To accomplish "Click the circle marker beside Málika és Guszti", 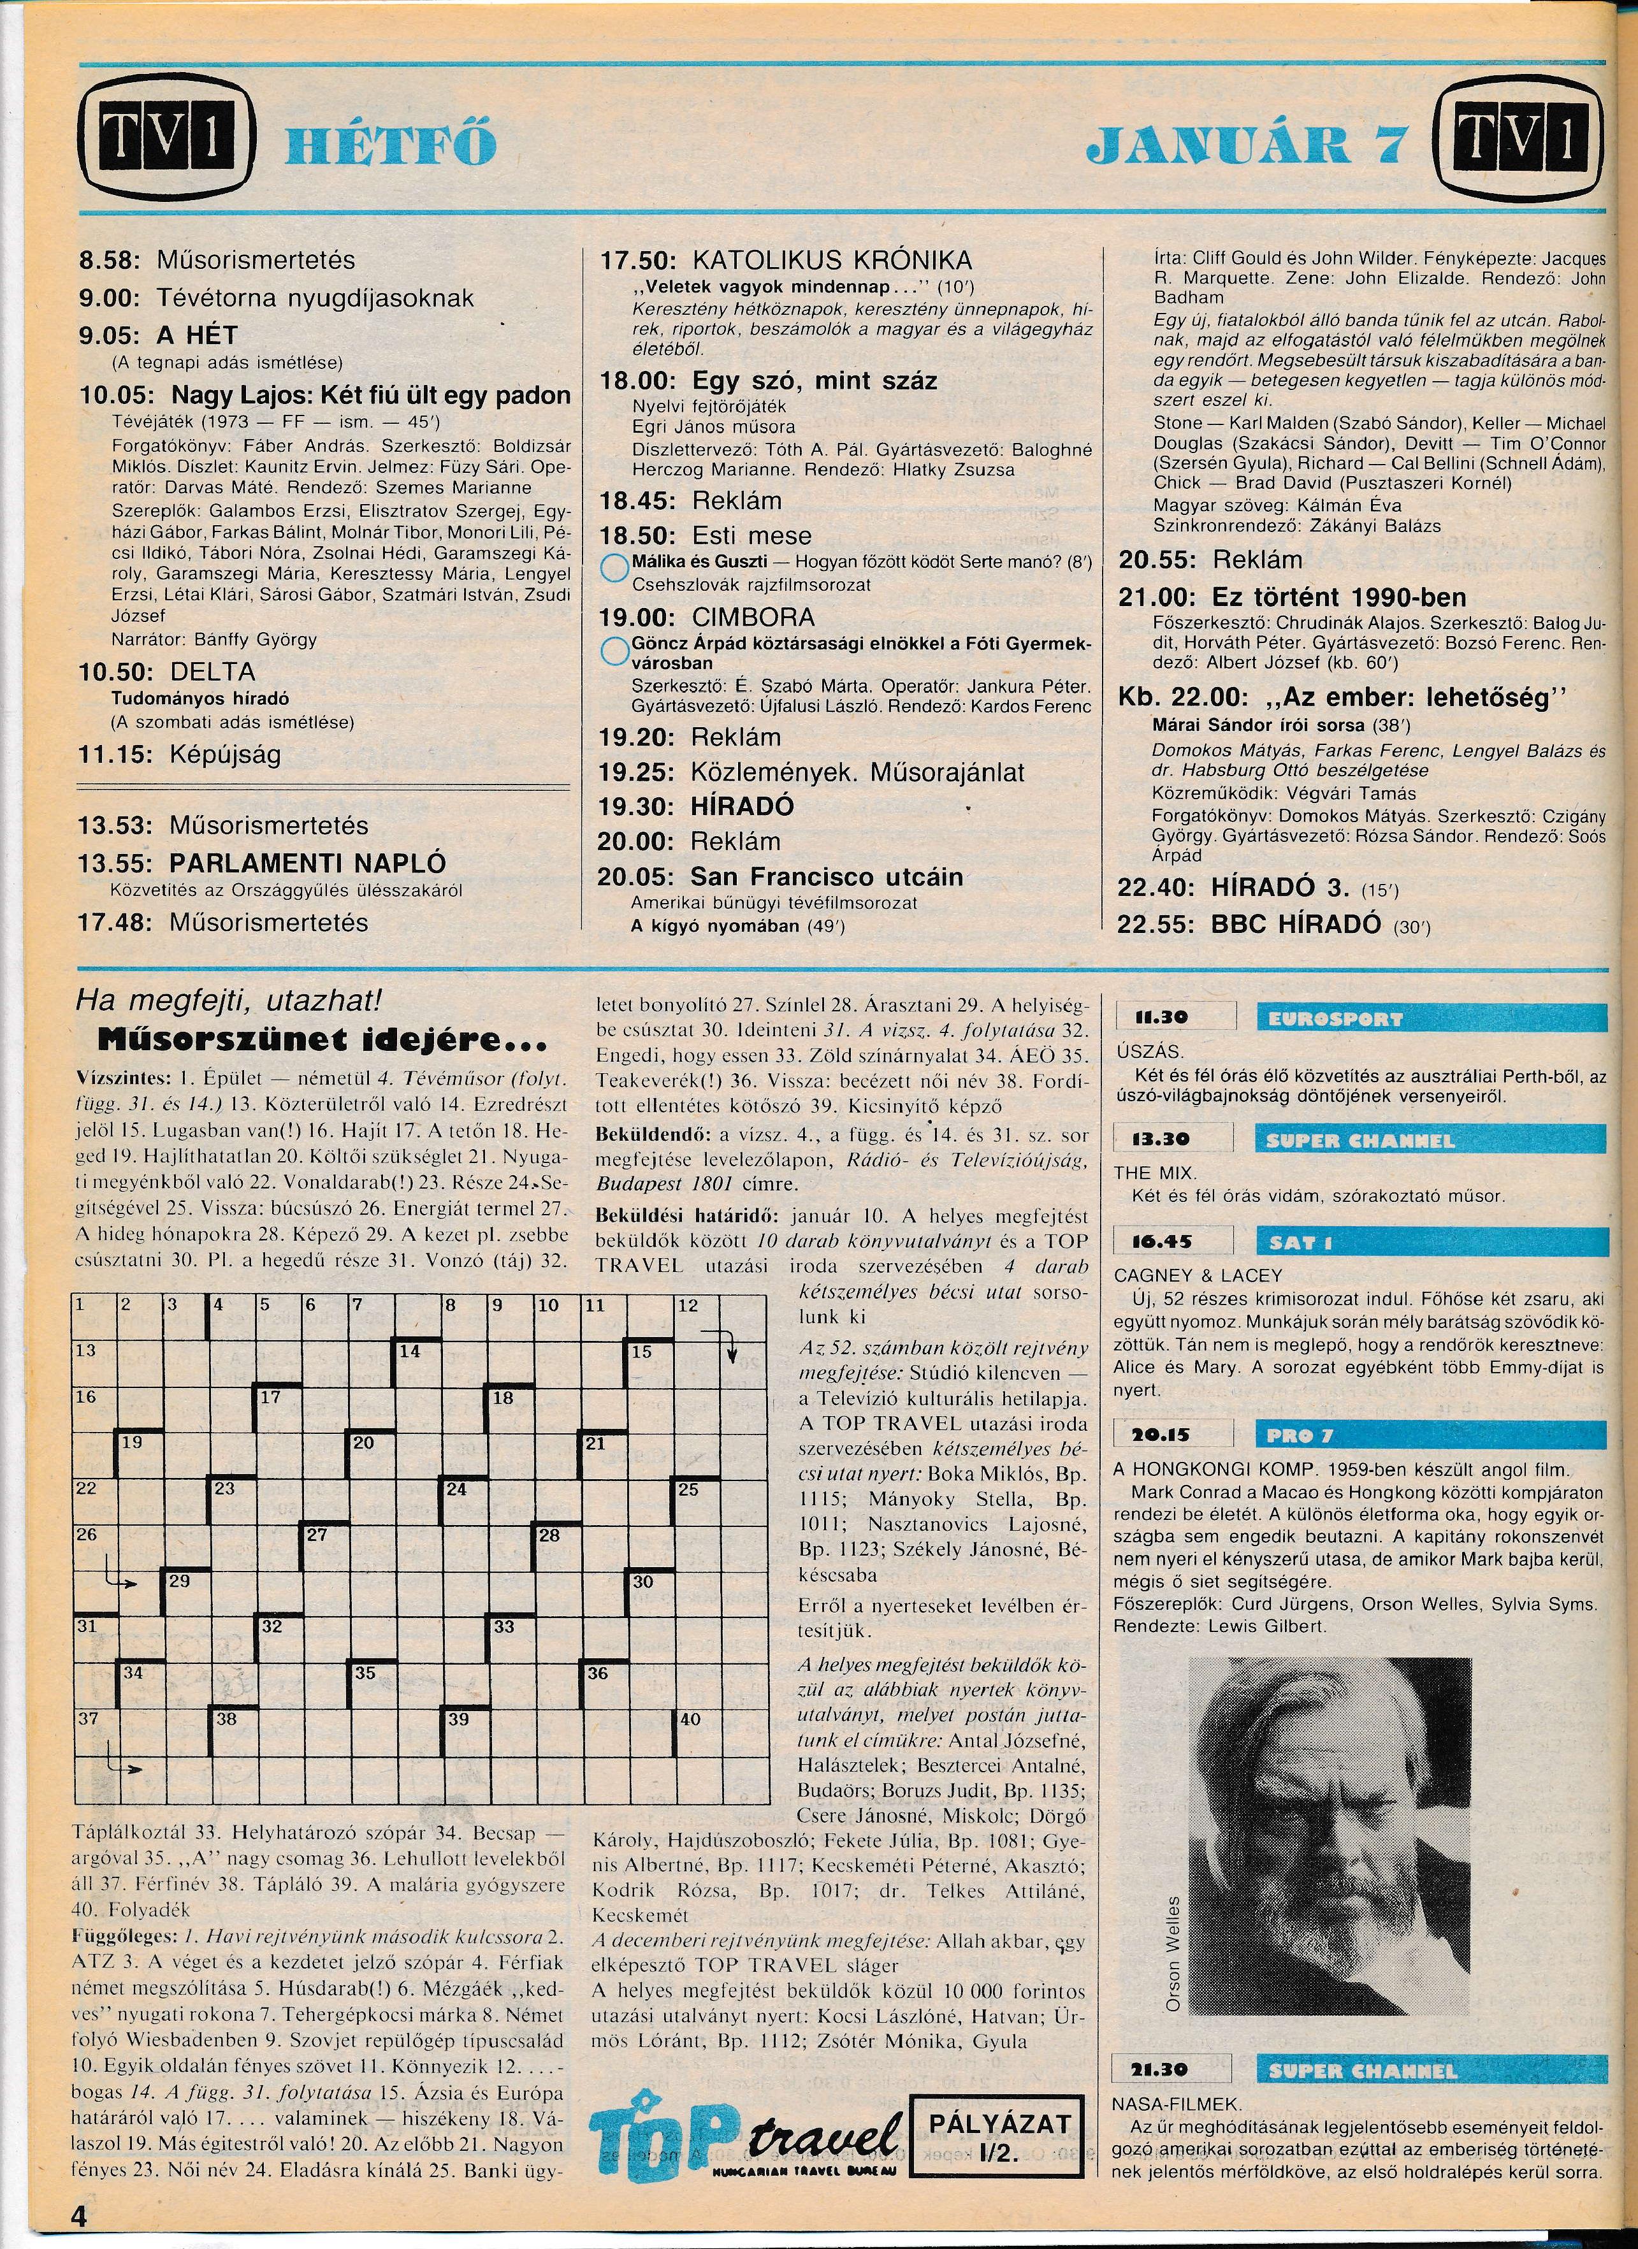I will (x=616, y=569).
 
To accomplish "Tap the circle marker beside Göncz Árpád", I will (x=616, y=651).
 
